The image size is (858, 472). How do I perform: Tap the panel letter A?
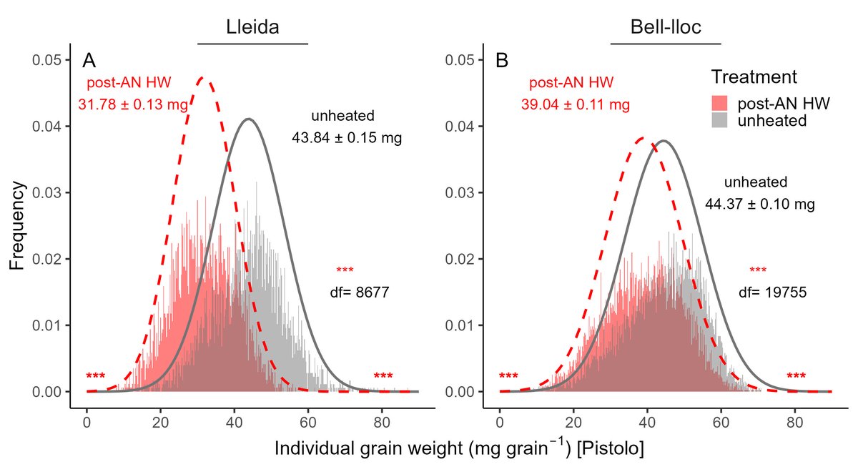pyautogui.click(x=89, y=60)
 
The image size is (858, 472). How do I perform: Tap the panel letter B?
pyautogui.click(x=503, y=60)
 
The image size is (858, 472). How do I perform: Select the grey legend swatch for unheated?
pyautogui.click(x=721, y=120)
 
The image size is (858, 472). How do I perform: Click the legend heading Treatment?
pyautogui.click(x=754, y=77)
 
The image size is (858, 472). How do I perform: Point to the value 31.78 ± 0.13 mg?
pyautogui.click(x=133, y=105)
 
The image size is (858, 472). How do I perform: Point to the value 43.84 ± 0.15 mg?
pyautogui.click(x=347, y=138)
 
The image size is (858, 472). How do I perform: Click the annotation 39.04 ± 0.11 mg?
pyautogui.click(x=575, y=105)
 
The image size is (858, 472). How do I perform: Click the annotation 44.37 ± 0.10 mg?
pyautogui.click(x=760, y=205)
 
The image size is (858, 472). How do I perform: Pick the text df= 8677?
pyautogui.click(x=359, y=292)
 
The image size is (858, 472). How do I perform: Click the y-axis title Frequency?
pyautogui.click(x=19, y=225)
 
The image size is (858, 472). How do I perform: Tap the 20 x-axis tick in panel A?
pyautogui.click(x=160, y=422)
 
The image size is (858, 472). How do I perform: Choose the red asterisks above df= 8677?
pyautogui.click(x=345, y=270)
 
